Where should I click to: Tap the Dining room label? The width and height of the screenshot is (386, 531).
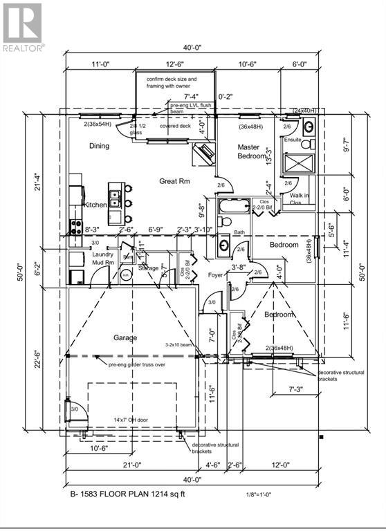tap(100, 146)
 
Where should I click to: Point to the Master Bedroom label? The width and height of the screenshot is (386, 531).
tap(250, 152)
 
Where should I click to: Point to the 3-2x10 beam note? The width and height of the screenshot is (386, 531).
tap(181, 343)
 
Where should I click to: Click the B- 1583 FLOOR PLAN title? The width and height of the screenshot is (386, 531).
tap(127, 494)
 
